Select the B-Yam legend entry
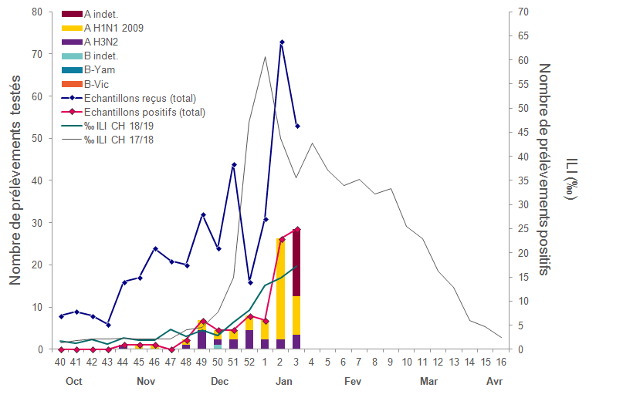(x=100, y=70)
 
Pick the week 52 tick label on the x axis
(x=249, y=362)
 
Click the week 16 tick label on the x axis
(x=501, y=362)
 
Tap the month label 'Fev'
(x=353, y=382)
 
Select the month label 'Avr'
(x=493, y=382)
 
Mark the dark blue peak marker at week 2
(x=282, y=42)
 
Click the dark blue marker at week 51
(x=234, y=164)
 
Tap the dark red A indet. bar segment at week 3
(x=296, y=262)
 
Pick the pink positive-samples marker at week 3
(x=297, y=229)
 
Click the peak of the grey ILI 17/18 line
(x=266, y=56)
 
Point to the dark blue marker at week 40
(x=61, y=316)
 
